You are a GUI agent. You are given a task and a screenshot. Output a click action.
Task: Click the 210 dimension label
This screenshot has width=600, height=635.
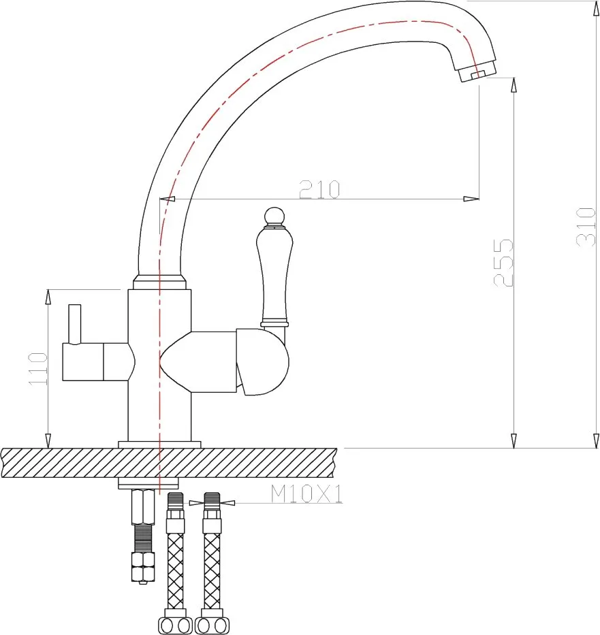[x=319, y=189]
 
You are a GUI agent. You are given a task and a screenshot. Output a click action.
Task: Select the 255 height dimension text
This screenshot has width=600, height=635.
[x=503, y=263]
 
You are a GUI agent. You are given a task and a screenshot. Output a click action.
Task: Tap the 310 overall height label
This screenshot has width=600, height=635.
[x=586, y=227]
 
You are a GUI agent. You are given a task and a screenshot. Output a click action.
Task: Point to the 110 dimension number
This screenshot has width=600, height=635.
[x=38, y=368]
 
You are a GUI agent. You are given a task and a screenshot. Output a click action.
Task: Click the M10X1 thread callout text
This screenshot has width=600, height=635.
[x=306, y=493]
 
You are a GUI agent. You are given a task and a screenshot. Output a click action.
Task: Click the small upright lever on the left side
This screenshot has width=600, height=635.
[x=74, y=325]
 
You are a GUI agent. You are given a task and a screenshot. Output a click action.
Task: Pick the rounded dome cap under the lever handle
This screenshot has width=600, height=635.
[x=264, y=362]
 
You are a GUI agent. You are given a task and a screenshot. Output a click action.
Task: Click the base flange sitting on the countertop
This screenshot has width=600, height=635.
[x=159, y=444]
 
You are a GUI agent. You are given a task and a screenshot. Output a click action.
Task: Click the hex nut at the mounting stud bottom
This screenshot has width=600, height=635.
[x=143, y=568]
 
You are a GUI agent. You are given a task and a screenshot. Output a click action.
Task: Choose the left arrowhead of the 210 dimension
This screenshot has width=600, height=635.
[x=167, y=199]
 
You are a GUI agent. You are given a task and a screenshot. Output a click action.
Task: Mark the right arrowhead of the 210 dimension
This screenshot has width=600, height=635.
[x=471, y=199]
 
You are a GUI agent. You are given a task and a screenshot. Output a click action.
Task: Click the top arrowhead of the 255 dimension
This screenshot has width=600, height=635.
[x=514, y=85]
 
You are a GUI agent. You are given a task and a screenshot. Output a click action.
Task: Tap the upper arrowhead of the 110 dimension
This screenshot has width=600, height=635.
[x=48, y=297]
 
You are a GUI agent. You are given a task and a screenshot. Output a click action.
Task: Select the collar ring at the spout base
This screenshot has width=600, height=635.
[x=159, y=282]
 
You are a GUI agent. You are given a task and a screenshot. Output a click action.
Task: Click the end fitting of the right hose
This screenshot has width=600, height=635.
[x=212, y=625]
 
